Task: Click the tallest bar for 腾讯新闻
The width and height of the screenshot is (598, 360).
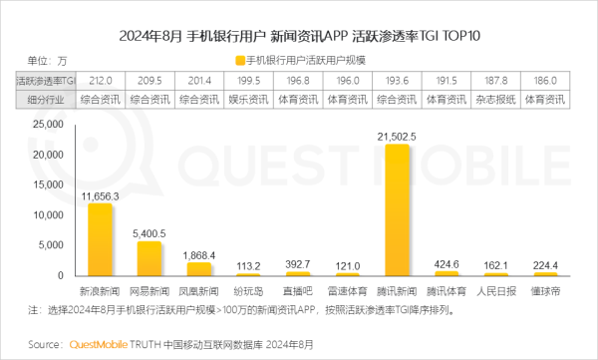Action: click(x=397, y=209)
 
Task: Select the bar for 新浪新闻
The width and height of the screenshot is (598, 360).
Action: click(x=99, y=239)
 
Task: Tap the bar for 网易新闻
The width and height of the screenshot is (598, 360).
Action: click(x=149, y=258)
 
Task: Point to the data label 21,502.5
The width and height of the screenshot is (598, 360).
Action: click(x=397, y=137)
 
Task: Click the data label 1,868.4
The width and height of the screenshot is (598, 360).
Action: click(x=198, y=255)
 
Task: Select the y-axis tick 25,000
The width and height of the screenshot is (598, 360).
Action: click(x=46, y=125)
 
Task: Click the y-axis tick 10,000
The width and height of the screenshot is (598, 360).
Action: click(x=46, y=215)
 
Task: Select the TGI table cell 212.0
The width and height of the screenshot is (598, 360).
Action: click(x=99, y=81)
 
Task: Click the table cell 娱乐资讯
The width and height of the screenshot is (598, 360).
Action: click(x=248, y=99)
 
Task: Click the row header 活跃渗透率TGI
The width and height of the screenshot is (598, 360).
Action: click(x=44, y=81)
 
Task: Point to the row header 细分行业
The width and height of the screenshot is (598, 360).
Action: click(x=44, y=99)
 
